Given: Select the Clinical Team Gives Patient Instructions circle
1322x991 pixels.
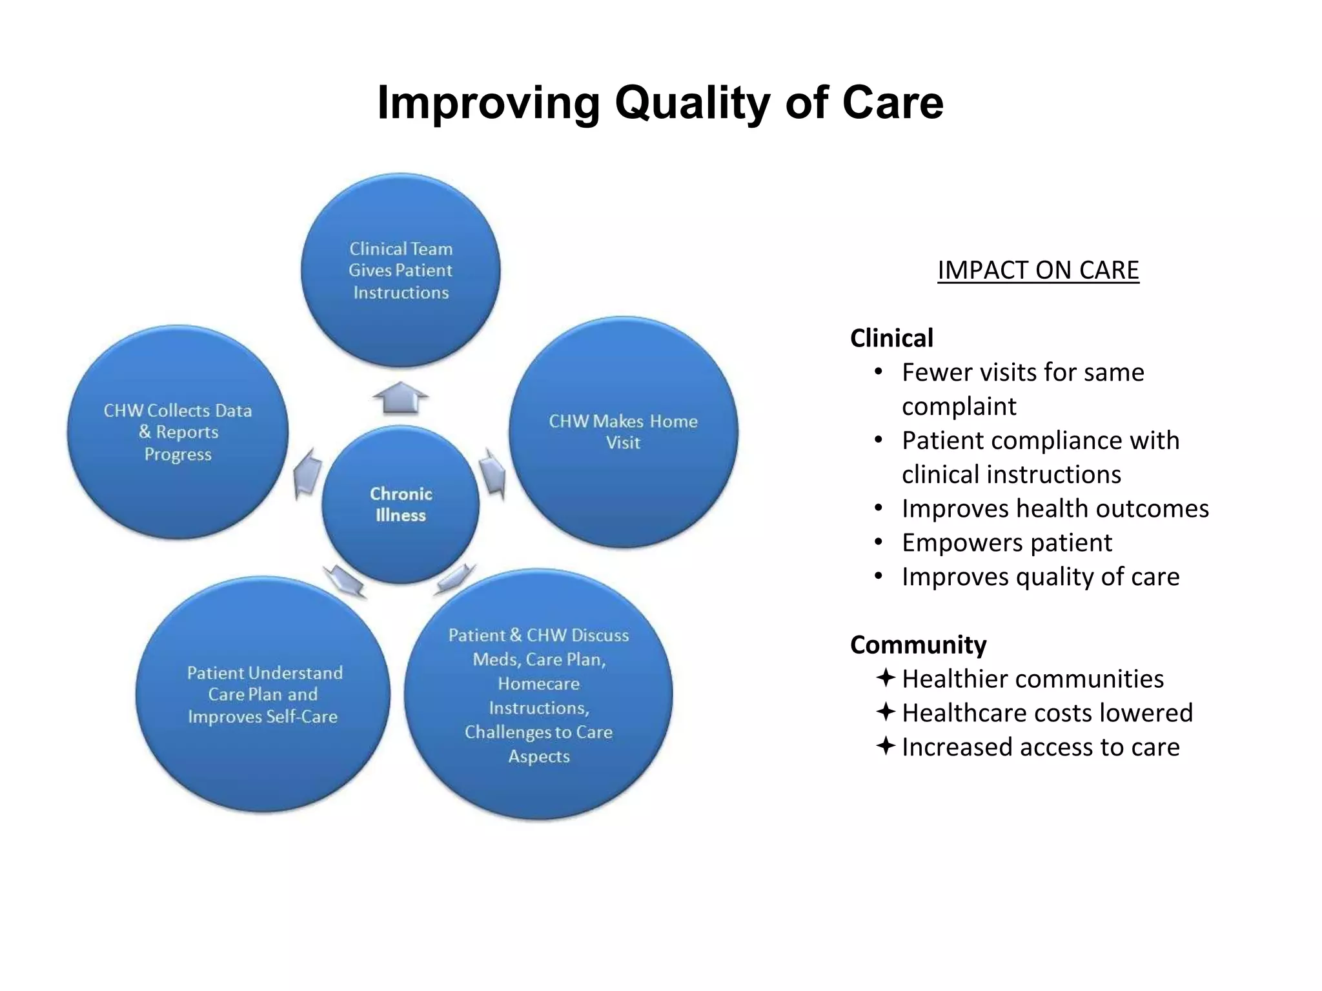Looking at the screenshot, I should [x=400, y=270].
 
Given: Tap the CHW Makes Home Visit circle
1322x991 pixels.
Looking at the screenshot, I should [x=623, y=432].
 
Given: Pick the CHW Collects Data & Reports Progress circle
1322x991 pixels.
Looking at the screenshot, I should [x=178, y=432].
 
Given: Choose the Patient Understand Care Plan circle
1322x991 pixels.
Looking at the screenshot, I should [x=263, y=694].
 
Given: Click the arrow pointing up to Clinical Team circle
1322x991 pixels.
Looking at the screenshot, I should [x=400, y=397].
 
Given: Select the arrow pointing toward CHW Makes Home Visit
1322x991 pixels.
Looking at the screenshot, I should [x=494, y=474].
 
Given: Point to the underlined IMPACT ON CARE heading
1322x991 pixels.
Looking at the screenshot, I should [x=1038, y=270].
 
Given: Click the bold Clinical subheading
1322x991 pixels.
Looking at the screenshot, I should [x=891, y=338].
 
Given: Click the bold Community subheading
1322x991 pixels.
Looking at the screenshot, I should [x=918, y=645].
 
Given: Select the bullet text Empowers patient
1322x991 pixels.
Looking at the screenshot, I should [x=1006, y=543].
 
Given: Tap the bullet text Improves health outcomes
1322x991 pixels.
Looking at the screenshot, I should [x=1055, y=508].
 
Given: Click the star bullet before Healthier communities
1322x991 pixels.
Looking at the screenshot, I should [x=886, y=678].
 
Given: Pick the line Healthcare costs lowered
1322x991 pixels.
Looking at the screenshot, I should [x=1047, y=713].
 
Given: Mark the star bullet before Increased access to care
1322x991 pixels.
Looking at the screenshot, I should [x=886, y=746].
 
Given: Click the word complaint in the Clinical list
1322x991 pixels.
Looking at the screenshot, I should [x=959, y=406].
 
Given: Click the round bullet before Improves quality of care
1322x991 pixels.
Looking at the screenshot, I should [x=878, y=576].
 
